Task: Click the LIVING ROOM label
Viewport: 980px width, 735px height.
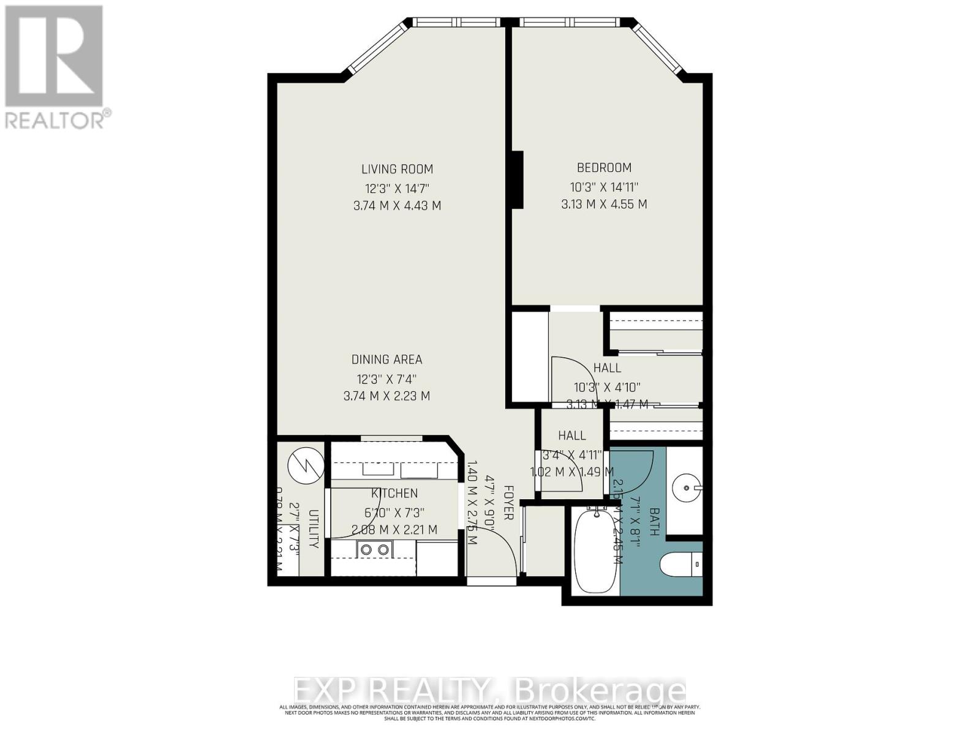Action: (x=397, y=169)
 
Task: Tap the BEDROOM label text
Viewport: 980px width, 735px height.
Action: (x=604, y=167)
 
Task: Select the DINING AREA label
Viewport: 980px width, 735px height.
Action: (x=386, y=360)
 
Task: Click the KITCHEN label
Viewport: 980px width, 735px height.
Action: (x=394, y=493)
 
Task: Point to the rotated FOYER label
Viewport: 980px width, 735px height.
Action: (x=508, y=502)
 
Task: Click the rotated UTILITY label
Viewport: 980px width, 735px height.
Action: (x=314, y=528)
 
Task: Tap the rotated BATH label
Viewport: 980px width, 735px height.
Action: (x=654, y=522)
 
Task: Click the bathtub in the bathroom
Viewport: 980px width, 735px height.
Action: (x=596, y=551)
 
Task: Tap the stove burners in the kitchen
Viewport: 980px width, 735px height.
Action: (x=375, y=549)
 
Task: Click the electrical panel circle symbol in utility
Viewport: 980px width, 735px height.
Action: (x=306, y=464)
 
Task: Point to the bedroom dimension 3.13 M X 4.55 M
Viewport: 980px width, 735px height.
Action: (x=604, y=205)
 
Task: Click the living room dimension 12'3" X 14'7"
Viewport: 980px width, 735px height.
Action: (x=397, y=188)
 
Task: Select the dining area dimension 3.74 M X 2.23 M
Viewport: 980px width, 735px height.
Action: (x=386, y=396)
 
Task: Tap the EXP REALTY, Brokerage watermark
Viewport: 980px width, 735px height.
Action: (x=489, y=691)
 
